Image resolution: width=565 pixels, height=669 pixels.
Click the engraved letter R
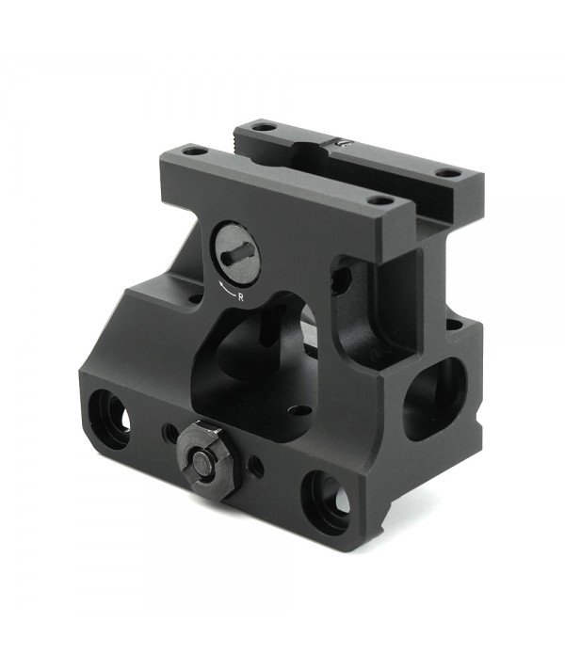[x=244, y=297]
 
